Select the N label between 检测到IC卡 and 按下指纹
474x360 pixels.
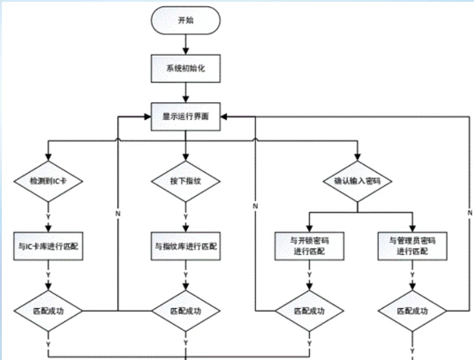coord(117,213)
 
